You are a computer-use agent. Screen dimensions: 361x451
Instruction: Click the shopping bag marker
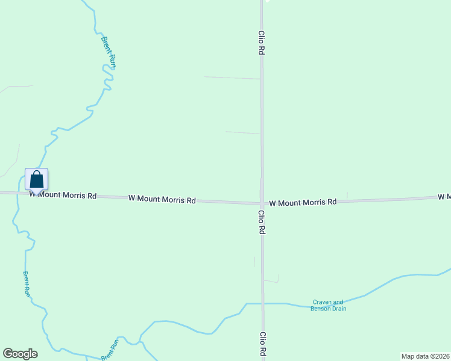coord(36,179)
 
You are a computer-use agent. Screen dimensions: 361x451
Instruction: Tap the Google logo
coord(20,353)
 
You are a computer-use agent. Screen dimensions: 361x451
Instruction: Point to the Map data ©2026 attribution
coord(425,356)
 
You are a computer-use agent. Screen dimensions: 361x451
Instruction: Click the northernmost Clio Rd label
coord(262,43)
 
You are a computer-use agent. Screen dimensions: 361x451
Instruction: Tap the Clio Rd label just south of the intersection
coord(262,221)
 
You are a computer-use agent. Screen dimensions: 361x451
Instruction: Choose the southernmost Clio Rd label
coord(263,344)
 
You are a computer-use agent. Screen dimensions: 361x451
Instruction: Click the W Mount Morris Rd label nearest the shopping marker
coord(63,196)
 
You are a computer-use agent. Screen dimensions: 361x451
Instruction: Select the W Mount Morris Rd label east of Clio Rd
coord(303,203)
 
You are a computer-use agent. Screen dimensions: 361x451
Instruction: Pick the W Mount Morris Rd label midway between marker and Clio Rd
coord(162,199)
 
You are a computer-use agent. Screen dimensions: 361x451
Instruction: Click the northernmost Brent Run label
coord(108,53)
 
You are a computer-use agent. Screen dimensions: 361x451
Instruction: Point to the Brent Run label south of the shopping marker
coord(27,283)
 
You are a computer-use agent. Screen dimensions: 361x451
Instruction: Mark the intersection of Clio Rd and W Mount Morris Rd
coord(262,203)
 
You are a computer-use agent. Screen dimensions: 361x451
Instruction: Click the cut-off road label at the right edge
coord(444,197)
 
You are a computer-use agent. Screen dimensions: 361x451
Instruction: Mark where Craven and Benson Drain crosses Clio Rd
coord(263,304)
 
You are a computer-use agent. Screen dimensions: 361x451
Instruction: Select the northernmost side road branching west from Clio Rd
coord(232,78)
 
